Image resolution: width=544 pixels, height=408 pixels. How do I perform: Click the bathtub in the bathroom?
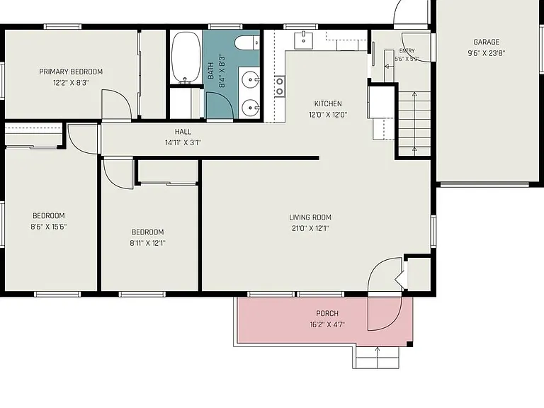pos(186,57)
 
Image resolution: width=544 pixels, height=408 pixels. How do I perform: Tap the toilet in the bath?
pos(247,43)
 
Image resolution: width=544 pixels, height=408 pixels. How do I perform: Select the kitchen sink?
pos(304,40)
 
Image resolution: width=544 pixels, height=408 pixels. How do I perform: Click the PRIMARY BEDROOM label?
pos(71,72)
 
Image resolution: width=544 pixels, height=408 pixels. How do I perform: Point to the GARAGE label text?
pos(487,42)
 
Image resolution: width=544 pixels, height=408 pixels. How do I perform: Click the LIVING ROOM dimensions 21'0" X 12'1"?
pos(310,228)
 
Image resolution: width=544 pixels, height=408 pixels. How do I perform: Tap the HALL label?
pos(183,132)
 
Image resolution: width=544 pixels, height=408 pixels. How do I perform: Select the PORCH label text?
pos(327,314)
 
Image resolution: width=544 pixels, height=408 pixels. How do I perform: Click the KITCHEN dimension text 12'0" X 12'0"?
pos(328,115)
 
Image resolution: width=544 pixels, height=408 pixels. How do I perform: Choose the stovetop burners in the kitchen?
pos(280,86)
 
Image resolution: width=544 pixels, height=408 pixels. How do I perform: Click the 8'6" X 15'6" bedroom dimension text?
pos(49,227)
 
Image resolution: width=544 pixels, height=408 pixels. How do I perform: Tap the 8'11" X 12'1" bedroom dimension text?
pos(147,243)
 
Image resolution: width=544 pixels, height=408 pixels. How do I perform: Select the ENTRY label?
pos(407,51)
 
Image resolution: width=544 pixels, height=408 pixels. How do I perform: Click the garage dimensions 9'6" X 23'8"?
pos(486,53)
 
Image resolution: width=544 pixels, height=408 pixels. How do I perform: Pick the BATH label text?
pos(210,71)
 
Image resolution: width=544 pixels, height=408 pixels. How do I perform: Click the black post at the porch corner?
pos(409,344)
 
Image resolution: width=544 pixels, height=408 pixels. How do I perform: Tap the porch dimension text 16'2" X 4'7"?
pos(327,324)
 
